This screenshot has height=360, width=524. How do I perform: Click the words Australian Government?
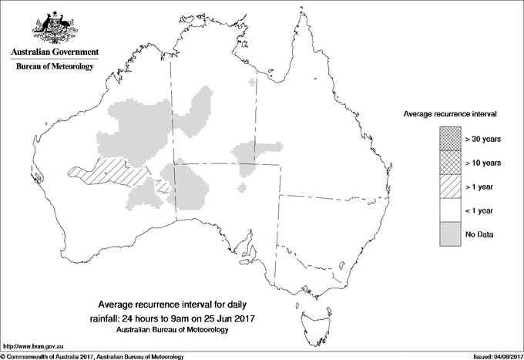54,52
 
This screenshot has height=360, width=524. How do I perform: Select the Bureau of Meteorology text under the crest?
54,67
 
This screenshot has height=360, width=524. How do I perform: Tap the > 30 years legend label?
483,139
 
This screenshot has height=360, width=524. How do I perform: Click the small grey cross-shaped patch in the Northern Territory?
254,82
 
